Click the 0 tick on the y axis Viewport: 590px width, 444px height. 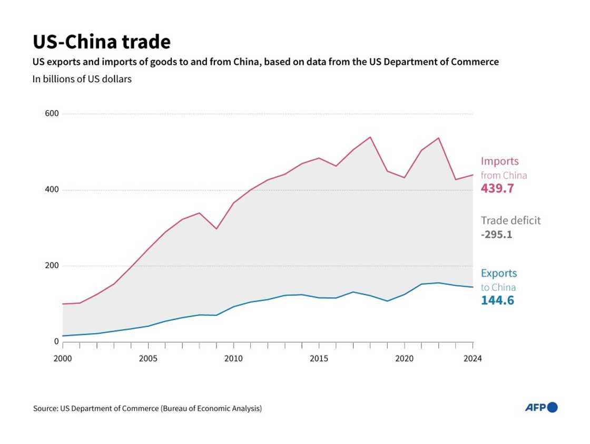pyautogui.click(x=56, y=342)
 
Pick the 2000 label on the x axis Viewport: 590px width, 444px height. pyautogui.click(x=63, y=359)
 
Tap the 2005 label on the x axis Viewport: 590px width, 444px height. pyautogui.click(x=148, y=359)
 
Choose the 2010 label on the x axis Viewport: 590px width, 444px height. pyautogui.click(x=233, y=359)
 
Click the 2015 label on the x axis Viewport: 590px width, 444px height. pyautogui.click(x=319, y=359)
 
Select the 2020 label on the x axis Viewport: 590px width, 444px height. pyautogui.click(x=405, y=359)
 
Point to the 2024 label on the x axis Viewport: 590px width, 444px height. pyautogui.click(x=473, y=359)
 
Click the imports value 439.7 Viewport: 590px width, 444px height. pyautogui.click(x=497, y=189)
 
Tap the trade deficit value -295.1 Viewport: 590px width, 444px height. pyautogui.click(x=496, y=234)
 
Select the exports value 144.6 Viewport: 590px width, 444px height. pyautogui.click(x=497, y=301)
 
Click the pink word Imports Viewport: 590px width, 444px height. pyautogui.click(x=500, y=161)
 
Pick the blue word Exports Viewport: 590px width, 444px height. pyautogui.click(x=499, y=273)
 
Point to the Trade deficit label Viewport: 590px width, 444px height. pyautogui.click(x=510, y=220)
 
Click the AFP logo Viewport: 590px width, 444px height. pyautogui.click(x=541, y=407)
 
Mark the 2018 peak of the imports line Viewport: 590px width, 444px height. pyautogui.click(x=370, y=137)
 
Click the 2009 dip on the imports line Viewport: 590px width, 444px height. pyautogui.click(x=217, y=229)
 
